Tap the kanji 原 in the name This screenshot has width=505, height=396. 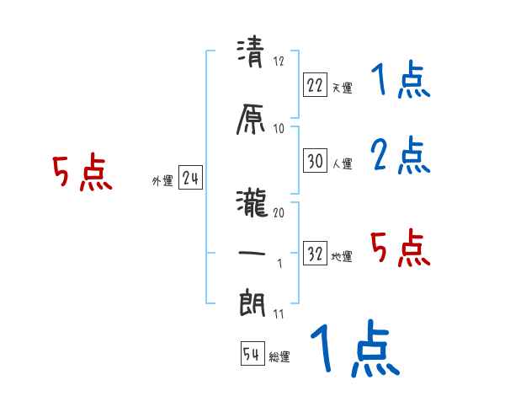coord(251,120)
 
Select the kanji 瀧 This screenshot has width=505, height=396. coord(251,204)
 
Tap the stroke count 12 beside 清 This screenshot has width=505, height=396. coord(279,61)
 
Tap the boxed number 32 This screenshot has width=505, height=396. coord(316,253)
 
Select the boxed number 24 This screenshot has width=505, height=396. coord(190,178)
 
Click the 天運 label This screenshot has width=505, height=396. coord(342,88)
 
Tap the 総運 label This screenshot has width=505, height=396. coord(279,357)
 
